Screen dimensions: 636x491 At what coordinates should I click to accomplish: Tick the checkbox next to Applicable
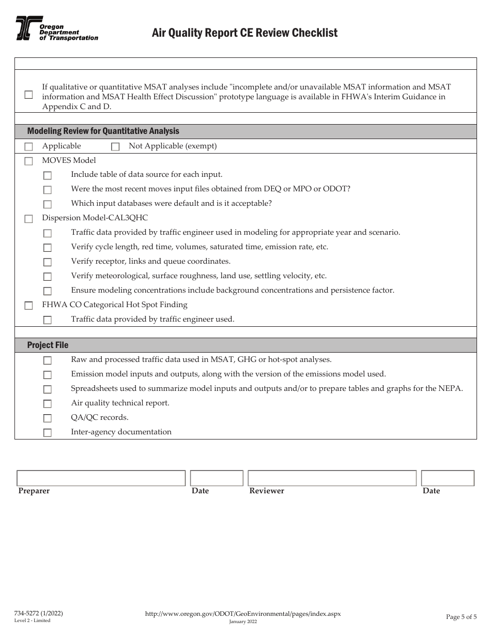[x=28, y=147]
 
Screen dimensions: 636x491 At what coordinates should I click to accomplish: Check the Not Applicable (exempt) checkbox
[x=115, y=147]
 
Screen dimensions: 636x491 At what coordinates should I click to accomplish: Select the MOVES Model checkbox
[x=28, y=161]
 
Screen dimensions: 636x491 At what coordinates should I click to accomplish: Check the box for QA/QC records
[x=48, y=418]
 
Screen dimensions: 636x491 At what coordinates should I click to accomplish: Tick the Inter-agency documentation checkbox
[x=48, y=433]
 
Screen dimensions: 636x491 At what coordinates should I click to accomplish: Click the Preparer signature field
[x=101, y=478]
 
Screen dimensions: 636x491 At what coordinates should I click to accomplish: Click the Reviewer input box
[x=332, y=478]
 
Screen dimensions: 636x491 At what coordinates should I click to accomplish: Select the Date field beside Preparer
[x=217, y=478]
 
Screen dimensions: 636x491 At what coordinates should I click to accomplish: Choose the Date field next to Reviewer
[x=448, y=478]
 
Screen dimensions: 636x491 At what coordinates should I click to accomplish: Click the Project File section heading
[x=48, y=345]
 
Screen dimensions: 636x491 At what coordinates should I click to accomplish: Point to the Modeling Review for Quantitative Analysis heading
[x=103, y=131]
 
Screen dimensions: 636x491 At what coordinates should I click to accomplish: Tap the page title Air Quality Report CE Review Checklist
[x=244, y=33]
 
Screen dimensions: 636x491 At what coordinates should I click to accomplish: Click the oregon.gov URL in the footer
[x=243, y=613]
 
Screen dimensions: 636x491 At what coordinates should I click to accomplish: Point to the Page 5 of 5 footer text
[x=461, y=616]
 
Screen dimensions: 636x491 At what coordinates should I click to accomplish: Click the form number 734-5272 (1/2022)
[x=39, y=613]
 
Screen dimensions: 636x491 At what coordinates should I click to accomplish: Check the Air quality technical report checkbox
[x=48, y=404]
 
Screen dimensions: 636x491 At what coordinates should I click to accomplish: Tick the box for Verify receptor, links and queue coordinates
[x=48, y=262]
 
